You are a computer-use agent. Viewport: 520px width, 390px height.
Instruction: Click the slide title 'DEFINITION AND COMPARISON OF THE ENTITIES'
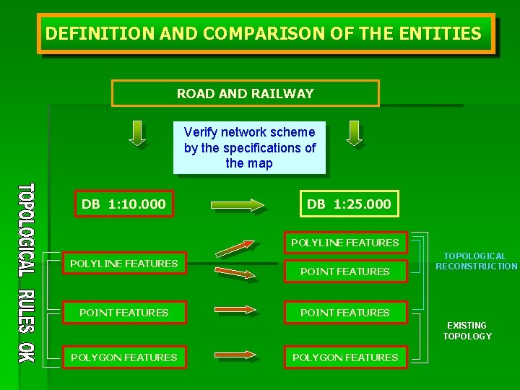pyautogui.click(x=264, y=33)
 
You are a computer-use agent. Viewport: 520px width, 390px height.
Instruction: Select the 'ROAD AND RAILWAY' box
pyautogui.click(x=246, y=93)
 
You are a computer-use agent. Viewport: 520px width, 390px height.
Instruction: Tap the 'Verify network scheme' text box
pyautogui.click(x=249, y=147)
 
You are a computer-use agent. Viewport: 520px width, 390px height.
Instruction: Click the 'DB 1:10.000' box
pyautogui.click(x=123, y=204)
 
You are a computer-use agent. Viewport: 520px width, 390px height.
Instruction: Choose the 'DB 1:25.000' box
pyautogui.click(x=349, y=204)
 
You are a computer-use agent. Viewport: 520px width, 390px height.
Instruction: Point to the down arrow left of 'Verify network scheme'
pyautogui.click(x=136, y=133)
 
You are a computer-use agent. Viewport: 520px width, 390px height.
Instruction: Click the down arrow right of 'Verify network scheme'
pyautogui.click(x=353, y=133)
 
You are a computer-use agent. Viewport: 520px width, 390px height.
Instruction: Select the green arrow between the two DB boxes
pyautogui.click(x=238, y=206)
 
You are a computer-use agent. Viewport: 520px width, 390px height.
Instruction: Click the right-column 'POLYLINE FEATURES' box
pyautogui.click(x=344, y=243)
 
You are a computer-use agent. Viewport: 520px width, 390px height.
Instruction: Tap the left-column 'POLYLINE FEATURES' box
pyautogui.click(x=123, y=264)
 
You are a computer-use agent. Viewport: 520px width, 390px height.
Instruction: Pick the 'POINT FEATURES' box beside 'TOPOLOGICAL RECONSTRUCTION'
pyautogui.click(x=344, y=272)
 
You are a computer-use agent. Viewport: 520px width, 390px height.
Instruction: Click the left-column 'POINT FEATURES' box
pyautogui.click(x=123, y=313)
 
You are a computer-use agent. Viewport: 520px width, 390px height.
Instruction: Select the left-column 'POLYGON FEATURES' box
pyautogui.click(x=123, y=357)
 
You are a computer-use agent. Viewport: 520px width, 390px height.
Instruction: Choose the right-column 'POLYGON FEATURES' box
pyautogui.click(x=344, y=357)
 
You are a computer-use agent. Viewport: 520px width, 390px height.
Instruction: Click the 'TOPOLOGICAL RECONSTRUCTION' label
pyautogui.click(x=475, y=261)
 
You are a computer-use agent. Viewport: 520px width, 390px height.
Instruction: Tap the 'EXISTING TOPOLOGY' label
pyautogui.click(x=467, y=331)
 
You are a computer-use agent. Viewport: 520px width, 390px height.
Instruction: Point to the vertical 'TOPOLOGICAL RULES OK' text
pyautogui.click(x=25, y=273)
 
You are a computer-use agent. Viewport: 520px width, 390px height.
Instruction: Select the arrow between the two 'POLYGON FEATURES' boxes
pyautogui.click(x=237, y=355)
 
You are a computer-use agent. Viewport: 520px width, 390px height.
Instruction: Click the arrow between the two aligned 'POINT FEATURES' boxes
pyautogui.click(x=237, y=311)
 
